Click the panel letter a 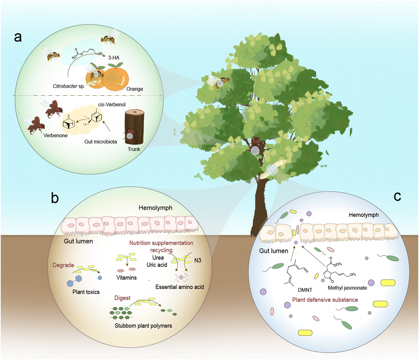click(18, 37)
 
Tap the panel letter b click(55, 198)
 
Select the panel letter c click(397, 196)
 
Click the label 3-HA click(114, 58)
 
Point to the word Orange click(135, 89)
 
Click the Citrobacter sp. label click(69, 86)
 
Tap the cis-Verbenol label click(112, 105)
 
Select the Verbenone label click(56, 136)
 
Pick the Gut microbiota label click(101, 142)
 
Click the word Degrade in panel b click(63, 265)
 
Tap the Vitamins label click(126, 278)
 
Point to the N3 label click(198, 261)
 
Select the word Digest click(122, 298)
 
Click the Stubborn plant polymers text click(143, 326)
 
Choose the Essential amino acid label click(179, 287)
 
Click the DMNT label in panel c click(305, 290)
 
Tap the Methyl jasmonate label click(347, 288)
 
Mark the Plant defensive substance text click(325, 300)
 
